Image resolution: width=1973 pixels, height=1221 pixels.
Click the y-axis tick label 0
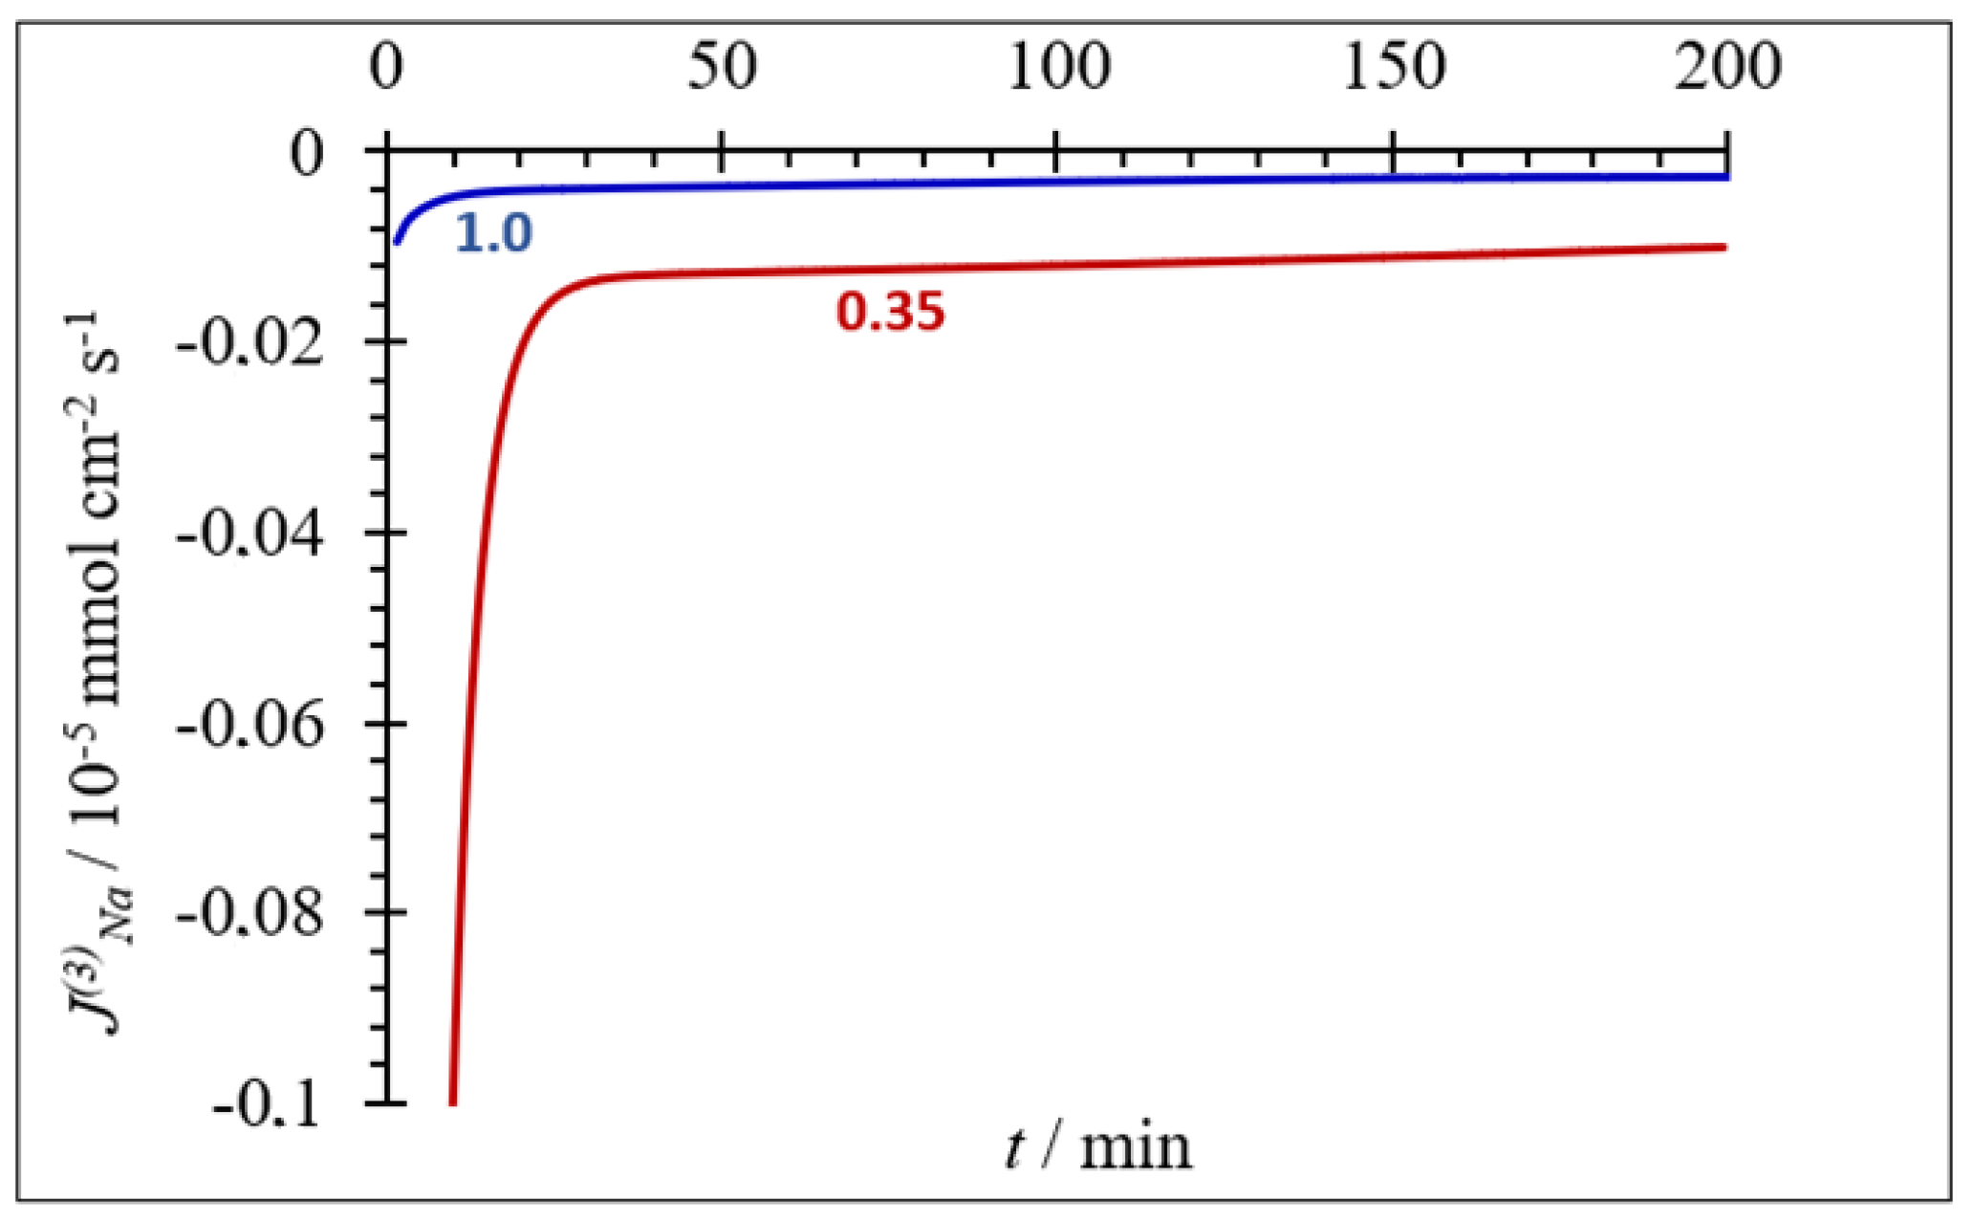(x=308, y=153)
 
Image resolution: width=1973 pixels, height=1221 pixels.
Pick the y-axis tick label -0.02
(x=250, y=344)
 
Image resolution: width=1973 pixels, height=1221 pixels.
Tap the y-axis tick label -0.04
(x=250, y=534)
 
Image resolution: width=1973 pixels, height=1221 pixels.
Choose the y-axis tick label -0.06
(x=250, y=725)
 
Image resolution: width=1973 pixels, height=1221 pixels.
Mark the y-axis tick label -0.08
(x=250, y=914)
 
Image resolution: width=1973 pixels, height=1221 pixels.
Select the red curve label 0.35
(x=891, y=312)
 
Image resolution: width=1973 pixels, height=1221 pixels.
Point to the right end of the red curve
(x=1724, y=247)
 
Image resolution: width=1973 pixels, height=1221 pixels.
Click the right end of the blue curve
(x=1726, y=177)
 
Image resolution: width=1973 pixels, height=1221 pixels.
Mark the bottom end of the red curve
(x=452, y=1102)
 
